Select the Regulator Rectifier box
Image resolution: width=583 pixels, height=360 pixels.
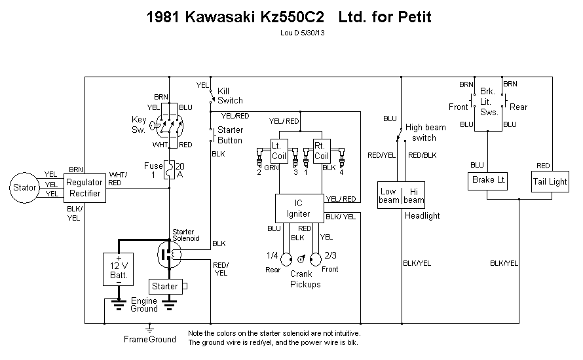(85, 188)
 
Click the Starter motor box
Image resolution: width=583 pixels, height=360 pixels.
(165, 286)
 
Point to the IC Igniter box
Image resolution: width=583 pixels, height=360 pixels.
(299, 208)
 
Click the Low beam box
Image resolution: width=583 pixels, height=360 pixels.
(389, 195)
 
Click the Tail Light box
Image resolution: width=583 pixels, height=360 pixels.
(550, 181)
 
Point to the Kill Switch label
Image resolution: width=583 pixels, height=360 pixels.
(230, 96)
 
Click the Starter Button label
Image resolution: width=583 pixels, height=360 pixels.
(230, 135)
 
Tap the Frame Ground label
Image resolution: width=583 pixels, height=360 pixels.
(150, 339)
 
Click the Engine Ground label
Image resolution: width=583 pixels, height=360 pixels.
(143, 304)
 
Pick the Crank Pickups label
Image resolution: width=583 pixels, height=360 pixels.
(305, 279)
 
